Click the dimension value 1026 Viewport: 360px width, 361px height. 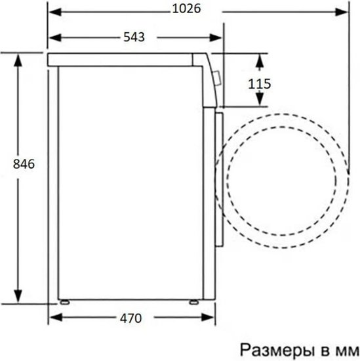pyautogui.click(x=186, y=9)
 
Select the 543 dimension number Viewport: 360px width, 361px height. pyautogui.click(x=134, y=37)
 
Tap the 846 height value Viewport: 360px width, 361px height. pyautogui.click(x=24, y=164)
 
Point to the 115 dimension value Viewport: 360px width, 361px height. pyautogui.click(x=260, y=84)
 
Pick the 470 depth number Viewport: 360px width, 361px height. pyautogui.click(x=130, y=318)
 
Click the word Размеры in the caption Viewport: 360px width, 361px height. pyautogui.click(x=277, y=350)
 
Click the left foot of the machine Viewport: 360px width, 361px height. pyautogui.click(x=65, y=302)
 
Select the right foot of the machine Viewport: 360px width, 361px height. pyautogui.click(x=194, y=302)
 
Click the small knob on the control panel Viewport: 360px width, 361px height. pyautogui.click(x=217, y=78)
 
